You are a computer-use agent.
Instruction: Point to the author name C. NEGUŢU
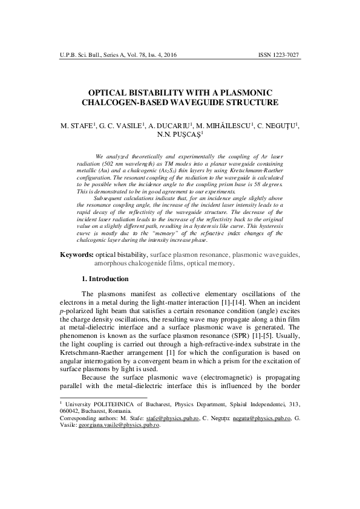coord(277,128)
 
